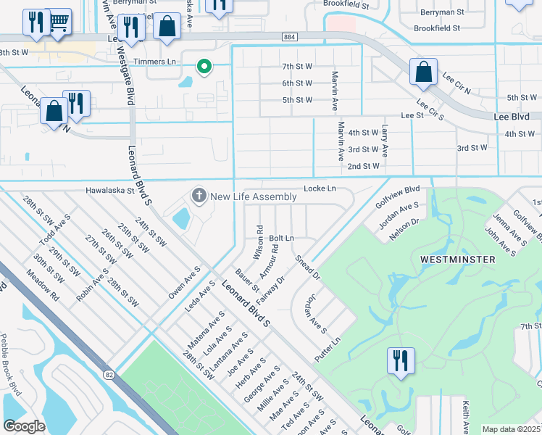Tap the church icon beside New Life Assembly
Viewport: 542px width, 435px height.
click(198, 196)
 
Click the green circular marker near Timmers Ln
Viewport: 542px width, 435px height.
click(204, 67)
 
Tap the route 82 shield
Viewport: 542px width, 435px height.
click(109, 374)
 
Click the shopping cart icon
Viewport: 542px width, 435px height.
click(59, 22)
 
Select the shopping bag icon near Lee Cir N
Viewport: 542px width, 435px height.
click(422, 72)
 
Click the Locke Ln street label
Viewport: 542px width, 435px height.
click(320, 188)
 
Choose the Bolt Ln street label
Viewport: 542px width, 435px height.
click(281, 238)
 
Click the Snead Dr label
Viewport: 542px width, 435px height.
click(307, 267)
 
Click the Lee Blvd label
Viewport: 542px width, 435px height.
click(511, 116)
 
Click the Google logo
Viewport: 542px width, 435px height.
click(24, 426)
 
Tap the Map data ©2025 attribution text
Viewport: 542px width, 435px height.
click(511, 429)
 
